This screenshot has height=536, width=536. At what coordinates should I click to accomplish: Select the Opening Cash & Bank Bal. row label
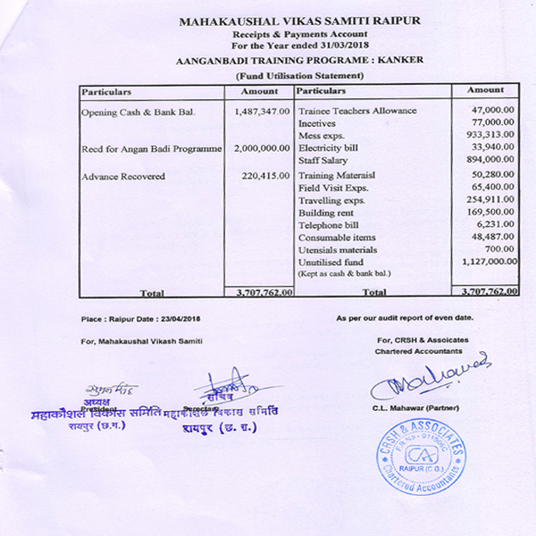pos(138,112)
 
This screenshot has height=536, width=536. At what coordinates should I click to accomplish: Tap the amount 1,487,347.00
pos(262,112)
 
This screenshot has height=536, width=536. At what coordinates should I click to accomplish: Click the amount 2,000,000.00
pos(262,147)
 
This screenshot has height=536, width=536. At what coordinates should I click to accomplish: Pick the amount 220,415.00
pos(266,176)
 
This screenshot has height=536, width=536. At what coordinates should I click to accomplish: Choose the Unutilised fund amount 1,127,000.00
pos(488,262)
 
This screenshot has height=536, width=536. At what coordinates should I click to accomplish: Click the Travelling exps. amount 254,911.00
pos(490,201)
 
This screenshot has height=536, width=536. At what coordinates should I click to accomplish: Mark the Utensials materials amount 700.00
pos(501,249)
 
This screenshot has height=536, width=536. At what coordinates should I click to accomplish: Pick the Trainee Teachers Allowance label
pos(357,110)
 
